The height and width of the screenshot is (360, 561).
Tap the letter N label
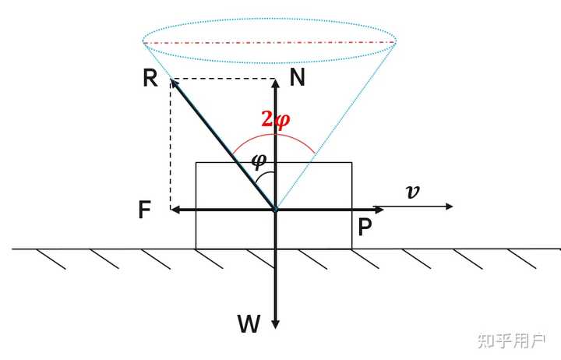click(x=298, y=76)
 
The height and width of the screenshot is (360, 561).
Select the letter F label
click(x=145, y=210)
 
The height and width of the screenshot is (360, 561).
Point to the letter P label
click(x=364, y=228)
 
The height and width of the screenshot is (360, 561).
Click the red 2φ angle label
click(x=275, y=119)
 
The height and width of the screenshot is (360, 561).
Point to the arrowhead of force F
click(x=175, y=209)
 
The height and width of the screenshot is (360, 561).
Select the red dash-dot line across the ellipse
click(x=270, y=42)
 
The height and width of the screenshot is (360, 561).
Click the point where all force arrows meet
click(x=276, y=209)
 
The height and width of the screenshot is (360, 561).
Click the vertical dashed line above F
click(x=171, y=144)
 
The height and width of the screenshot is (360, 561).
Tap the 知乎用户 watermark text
click(x=511, y=341)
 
